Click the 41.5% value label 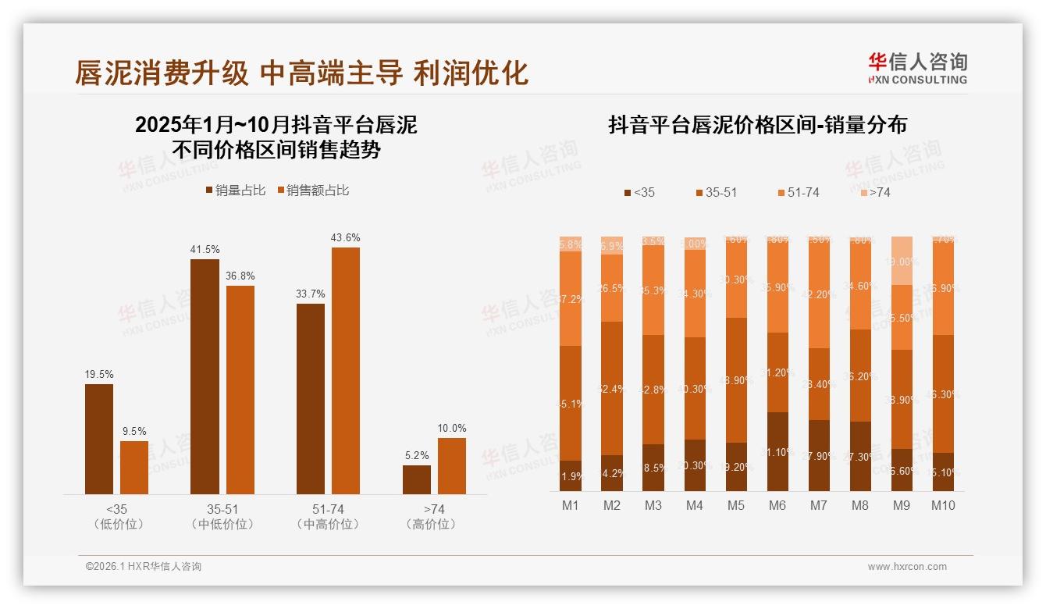[x=205, y=250]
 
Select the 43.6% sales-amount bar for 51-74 [x=346, y=370]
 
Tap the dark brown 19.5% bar [x=99, y=438]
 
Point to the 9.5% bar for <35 [x=134, y=467]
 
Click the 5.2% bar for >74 [x=417, y=479]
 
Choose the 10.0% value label [x=452, y=429]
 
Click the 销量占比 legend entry [x=236, y=191]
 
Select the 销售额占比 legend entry [x=312, y=191]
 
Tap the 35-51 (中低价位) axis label [x=222, y=517]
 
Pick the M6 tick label [x=777, y=505]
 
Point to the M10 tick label [x=943, y=505]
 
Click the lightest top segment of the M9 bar [x=902, y=261]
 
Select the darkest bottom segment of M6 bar [x=777, y=451]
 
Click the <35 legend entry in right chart [x=639, y=192]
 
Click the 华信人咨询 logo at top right [x=917, y=68]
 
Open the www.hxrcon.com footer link [x=907, y=567]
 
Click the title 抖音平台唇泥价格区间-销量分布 [x=757, y=126]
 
